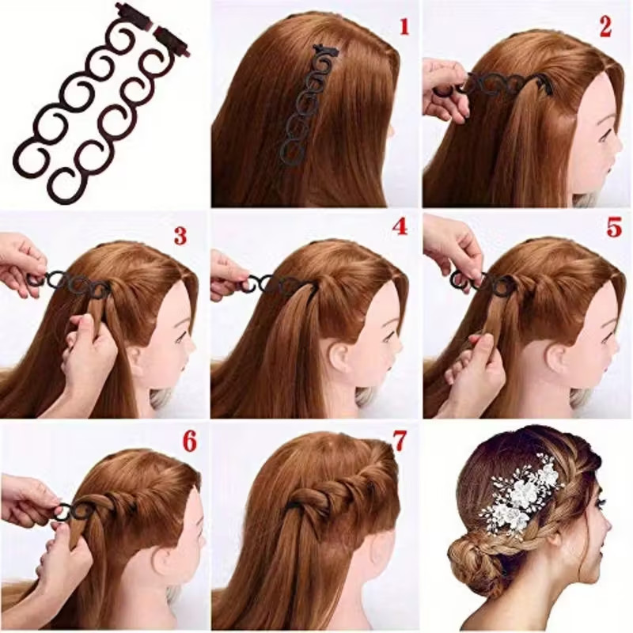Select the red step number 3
coord(180,235)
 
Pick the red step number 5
coord(613,227)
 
